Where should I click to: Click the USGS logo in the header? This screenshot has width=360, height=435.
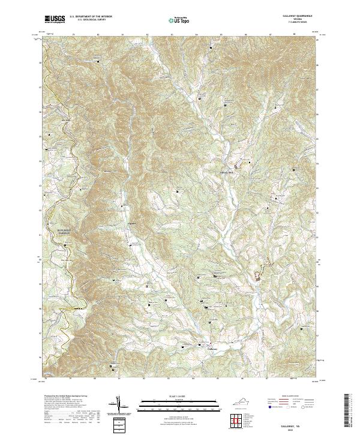pyautogui.click(x=55, y=20)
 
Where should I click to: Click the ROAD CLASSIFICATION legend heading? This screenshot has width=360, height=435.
pyautogui.click(x=286, y=397)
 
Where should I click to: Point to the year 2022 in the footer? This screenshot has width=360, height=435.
pyautogui.click(x=289, y=429)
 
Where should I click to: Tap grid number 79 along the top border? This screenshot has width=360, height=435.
pyautogui.click(x=73, y=35)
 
